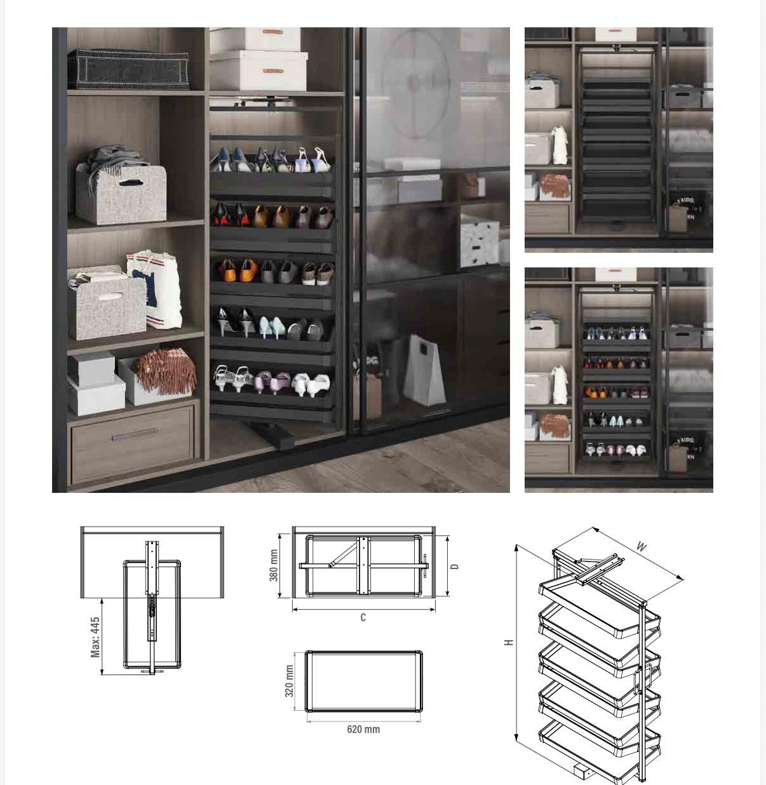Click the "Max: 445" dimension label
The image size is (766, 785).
click(95, 637)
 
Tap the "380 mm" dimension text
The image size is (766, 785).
click(274, 565)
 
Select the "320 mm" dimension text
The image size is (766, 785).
click(289, 681)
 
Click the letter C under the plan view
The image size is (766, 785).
click(363, 617)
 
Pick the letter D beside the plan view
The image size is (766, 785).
click(455, 567)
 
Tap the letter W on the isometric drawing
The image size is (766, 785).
click(641, 547)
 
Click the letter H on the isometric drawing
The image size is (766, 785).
click(509, 642)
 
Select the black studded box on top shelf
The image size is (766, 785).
click(128, 69)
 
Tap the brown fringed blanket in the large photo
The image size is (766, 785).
click(164, 372)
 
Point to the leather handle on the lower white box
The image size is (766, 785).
click(272, 71)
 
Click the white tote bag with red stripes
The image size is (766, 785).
click(156, 289)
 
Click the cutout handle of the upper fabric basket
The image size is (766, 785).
click(131, 183)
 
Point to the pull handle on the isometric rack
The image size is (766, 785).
click(638, 680)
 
